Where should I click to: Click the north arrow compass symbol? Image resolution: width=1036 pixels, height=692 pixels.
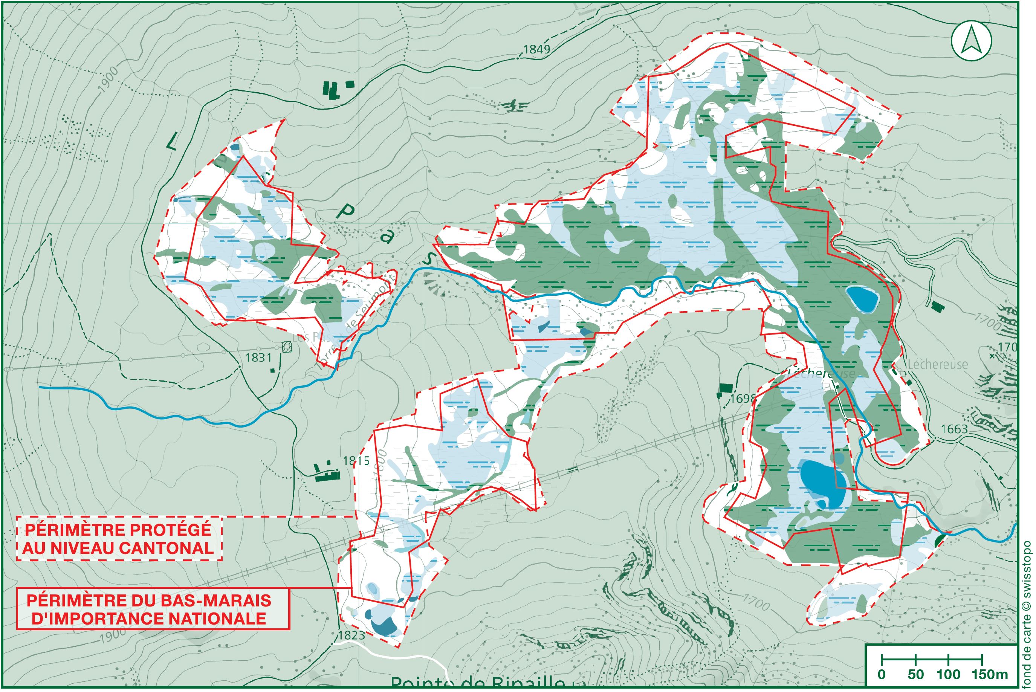(x=971, y=41)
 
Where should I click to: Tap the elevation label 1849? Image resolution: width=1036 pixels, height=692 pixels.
(x=536, y=49)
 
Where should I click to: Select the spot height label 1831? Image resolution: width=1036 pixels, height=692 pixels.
(x=258, y=357)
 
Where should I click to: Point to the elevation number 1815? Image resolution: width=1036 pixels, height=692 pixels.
(x=356, y=461)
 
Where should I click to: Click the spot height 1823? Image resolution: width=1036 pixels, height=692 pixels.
(x=351, y=635)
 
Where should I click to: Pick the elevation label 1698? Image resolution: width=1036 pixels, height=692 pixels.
(x=743, y=399)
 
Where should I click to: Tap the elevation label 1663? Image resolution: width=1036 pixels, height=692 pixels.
(x=954, y=429)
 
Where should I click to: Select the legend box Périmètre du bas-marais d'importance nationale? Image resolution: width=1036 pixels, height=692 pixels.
(x=153, y=610)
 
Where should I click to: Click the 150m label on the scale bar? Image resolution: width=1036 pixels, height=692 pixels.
(x=990, y=674)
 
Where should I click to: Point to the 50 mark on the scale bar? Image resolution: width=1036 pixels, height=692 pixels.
(x=915, y=674)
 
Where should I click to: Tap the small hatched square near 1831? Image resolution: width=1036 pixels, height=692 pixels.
(x=287, y=347)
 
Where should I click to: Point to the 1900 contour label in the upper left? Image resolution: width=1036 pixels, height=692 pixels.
(x=108, y=79)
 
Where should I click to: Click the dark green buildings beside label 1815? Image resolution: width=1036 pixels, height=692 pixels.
(x=328, y=474)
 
